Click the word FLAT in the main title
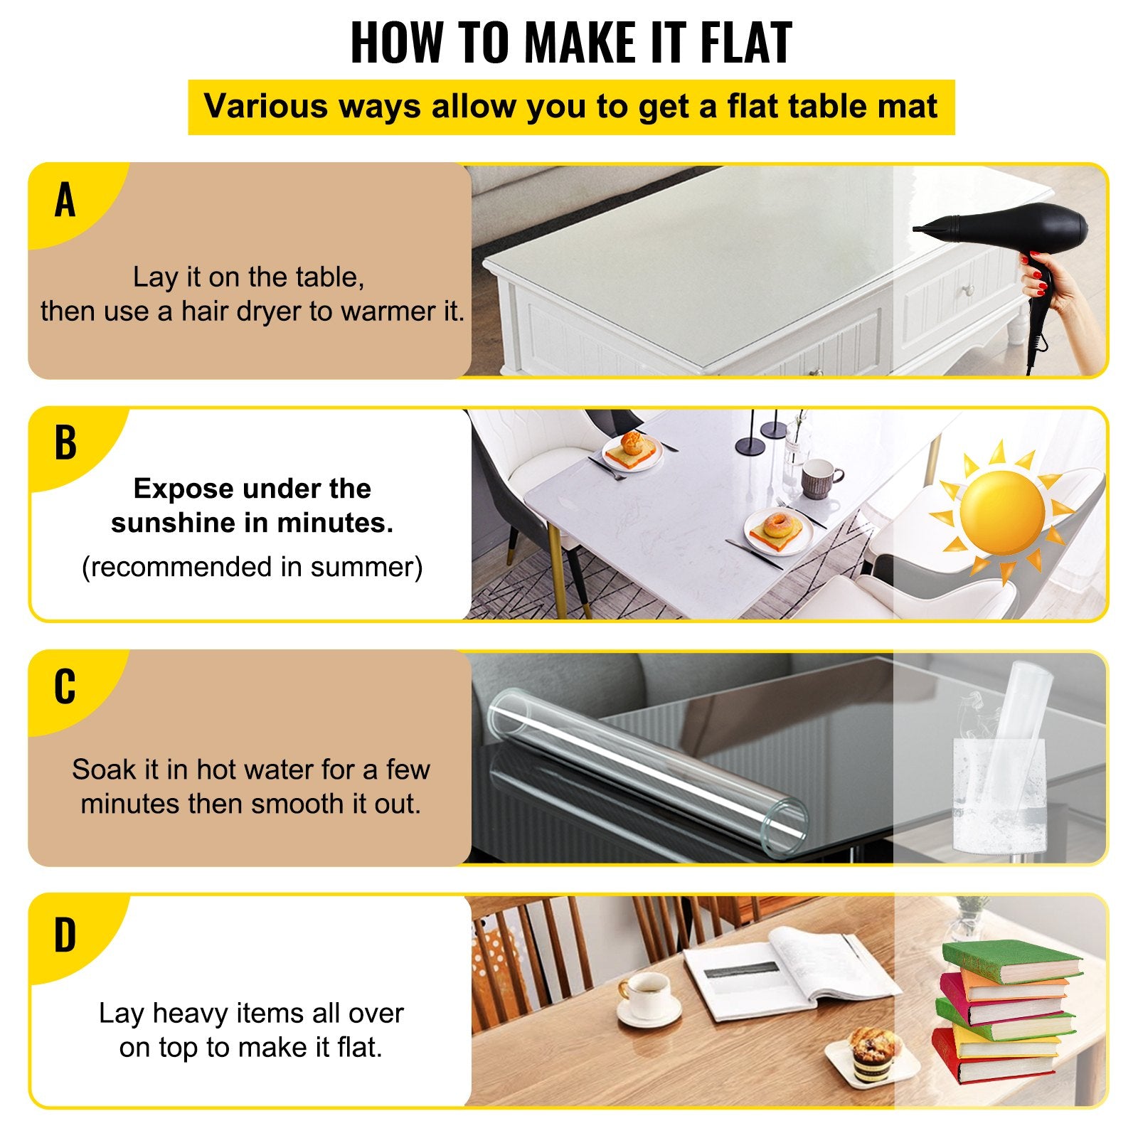coord(746,43)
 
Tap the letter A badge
coord(65,200)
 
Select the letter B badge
coord(65,442)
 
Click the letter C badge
coord(65,686)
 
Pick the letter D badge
coord(65,935)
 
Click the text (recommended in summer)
coord(252,567)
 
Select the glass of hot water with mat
coord(999,789)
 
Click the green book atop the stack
coord(1010,960)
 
